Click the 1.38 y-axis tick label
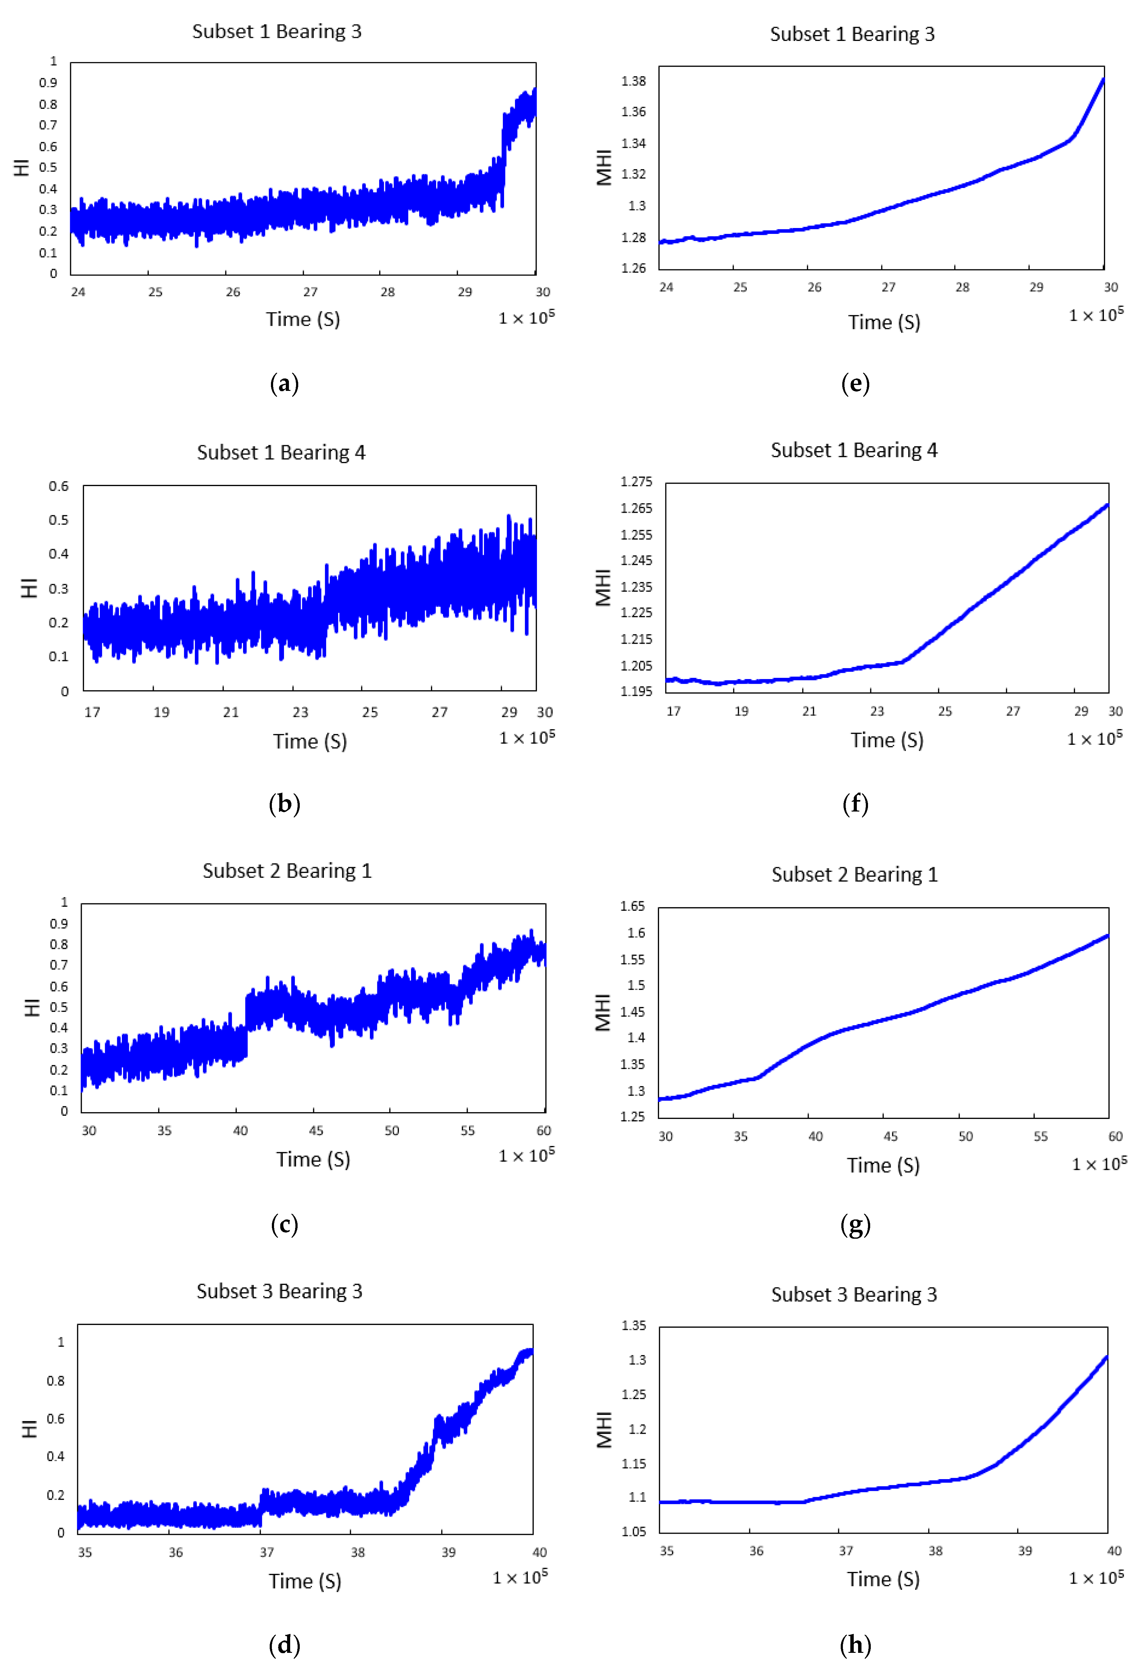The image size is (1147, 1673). (633, 81)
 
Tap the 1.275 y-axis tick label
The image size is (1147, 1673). (636, 481)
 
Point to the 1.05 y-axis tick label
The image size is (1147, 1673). (634, 1531)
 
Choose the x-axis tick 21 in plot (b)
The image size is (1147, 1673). (230, 712)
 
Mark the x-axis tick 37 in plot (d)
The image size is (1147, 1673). (267, 1552)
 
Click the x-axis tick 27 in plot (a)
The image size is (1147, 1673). (310, 292)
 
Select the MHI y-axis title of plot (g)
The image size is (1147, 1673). (603, 1012)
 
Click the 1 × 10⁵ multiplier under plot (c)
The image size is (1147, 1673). (527, 1156)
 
